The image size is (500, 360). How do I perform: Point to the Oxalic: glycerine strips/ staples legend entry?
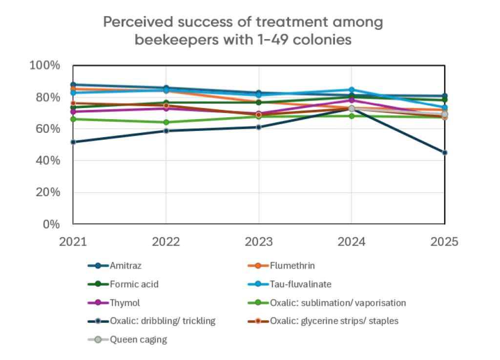click(334, 321)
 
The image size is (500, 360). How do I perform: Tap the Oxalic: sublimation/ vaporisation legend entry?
click(338, 303)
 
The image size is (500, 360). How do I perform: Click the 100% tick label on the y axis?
click(45, 65)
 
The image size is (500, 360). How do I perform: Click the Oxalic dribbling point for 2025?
click(444, 152)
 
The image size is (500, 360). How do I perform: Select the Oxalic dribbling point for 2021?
click(73, 142)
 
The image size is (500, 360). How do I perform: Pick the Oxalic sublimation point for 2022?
click(166, 122)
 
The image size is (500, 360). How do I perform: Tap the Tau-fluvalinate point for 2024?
click(352, 90)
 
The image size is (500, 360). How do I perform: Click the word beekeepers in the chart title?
click(175, 40)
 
